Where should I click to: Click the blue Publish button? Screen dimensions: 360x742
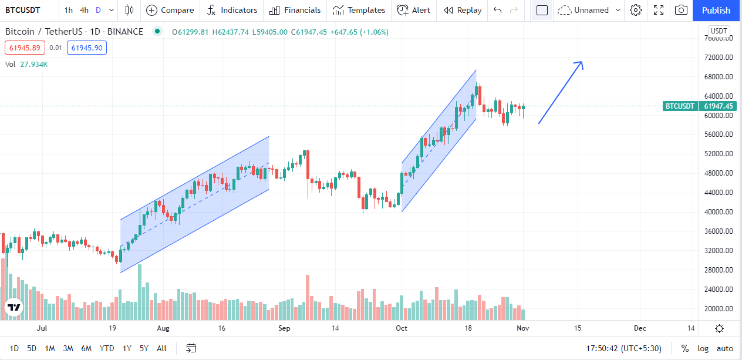pos(716,10)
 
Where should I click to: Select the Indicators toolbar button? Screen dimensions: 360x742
pos(232,10)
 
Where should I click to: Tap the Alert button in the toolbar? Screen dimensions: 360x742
pos(413,10)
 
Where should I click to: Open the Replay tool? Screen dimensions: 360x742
pos(463,10)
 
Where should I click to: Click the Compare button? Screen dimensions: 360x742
pos(170,10)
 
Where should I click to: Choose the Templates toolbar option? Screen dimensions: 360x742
pos(359,10)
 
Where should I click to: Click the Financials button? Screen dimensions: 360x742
pos(295,10)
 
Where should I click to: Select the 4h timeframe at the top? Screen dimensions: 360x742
pos(85,10)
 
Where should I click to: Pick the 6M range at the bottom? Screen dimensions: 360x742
pos(86,348)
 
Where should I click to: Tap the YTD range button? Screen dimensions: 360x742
pos(106,348)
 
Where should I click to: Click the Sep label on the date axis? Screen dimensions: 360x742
pos(285,328)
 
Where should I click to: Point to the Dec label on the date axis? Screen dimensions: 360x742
pos(640,328)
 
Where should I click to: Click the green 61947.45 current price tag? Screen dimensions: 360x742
pos(718,106)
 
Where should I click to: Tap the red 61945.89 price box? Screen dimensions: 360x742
pos(25,48)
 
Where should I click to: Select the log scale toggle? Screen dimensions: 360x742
pos(703,348)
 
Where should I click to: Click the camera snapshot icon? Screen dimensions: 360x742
pos(681,10)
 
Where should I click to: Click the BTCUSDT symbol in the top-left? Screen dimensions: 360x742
pos(23,10)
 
